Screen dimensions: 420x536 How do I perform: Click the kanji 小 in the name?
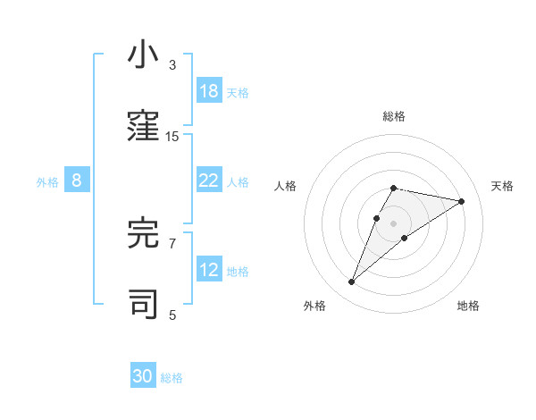tap(143, 55)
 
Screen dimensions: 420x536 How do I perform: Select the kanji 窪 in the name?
tap(143, 127)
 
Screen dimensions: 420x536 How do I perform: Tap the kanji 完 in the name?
tap(143, 233)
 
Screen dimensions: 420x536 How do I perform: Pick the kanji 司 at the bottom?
tap(143, 305)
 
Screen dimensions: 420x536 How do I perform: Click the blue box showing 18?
tap(209, 91)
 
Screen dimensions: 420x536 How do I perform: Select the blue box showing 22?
tap(209, 181)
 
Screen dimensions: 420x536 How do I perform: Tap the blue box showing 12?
tap(209, 270)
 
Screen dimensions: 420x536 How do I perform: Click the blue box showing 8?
tap(77, 181)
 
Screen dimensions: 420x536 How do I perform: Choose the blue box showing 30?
tap(143, 376)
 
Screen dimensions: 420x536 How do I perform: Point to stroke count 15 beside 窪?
tap(172, 136)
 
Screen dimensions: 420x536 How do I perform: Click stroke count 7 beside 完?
tap(172, 243)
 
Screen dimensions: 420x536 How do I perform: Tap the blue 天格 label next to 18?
tap(238, 92)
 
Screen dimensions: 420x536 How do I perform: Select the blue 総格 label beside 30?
tap(172, 378)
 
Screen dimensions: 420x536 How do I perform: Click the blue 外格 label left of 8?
tap(47, 181)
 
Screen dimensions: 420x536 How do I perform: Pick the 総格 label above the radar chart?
tap(394, 116)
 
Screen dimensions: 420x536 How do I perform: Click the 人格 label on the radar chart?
tap(286, 186)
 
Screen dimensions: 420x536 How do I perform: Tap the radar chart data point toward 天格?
tap(462, 201)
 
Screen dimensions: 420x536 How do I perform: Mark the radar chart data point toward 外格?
tap(352, 282)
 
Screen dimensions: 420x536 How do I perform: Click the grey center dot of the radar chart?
tap(394, 223)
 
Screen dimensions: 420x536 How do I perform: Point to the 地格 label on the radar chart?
tap(468, 306)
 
